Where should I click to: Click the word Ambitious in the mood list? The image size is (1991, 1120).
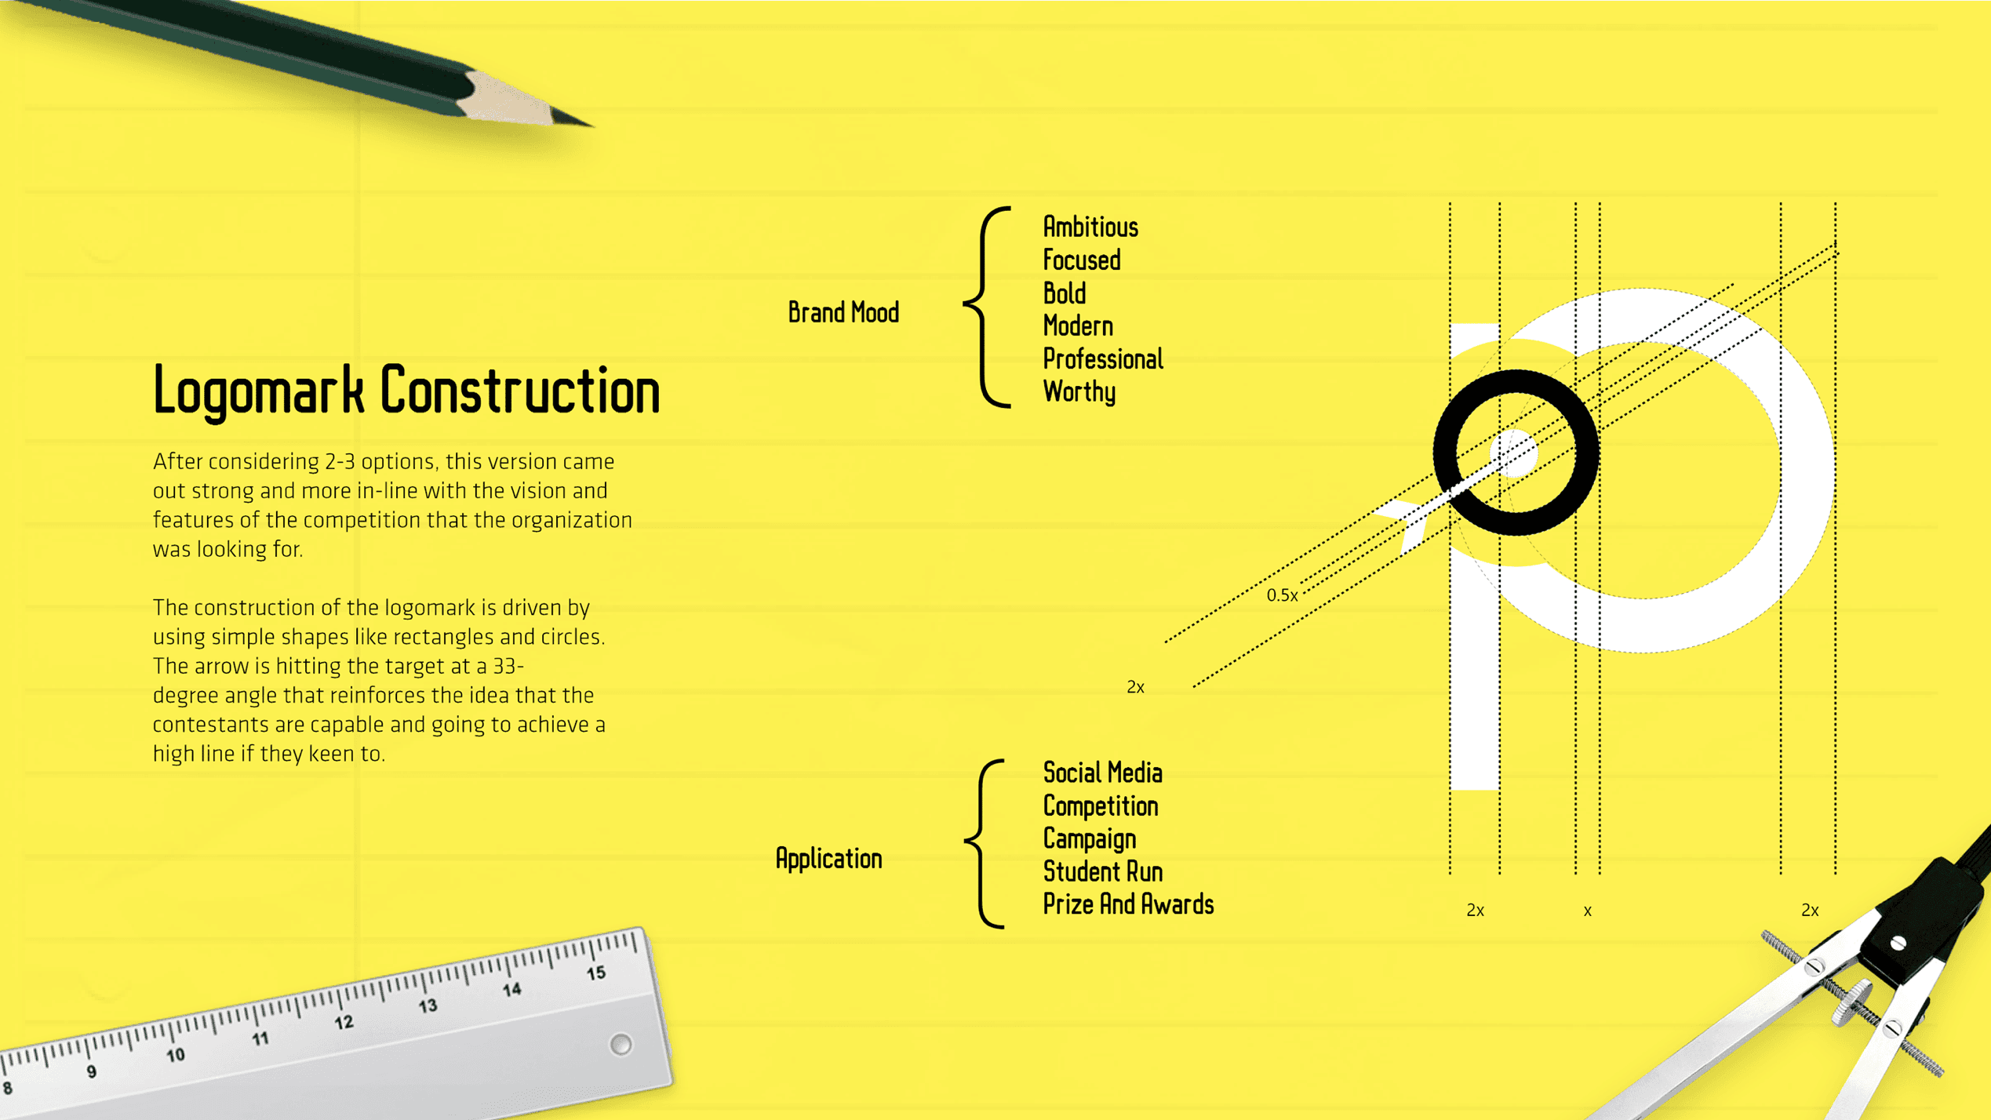[x=1090, y=227]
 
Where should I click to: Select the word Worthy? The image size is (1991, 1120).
[x=1079, y=391]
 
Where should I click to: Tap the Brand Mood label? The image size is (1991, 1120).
[x=843, y=313]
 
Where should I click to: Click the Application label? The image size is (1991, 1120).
[x=828, y=859]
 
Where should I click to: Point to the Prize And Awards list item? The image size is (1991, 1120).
[x=1127, y=904]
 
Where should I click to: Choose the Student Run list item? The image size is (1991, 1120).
[x=1102, y=871]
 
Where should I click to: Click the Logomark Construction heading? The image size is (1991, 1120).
[x=406, y=390]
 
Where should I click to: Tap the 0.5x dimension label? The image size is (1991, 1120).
[x=1281, y=595]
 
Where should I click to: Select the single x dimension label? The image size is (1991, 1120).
[x=1587, y=911]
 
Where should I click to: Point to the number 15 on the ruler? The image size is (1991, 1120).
[x=596, y=973]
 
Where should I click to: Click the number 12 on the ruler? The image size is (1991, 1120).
[x=344, y=1023]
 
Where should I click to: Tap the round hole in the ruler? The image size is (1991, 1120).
[x=621, y=1044]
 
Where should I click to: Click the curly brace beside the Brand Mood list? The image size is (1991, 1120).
[x=987, y=307]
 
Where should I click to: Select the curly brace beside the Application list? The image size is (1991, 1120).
[x=985, y=843]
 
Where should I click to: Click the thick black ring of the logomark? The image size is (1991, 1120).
[x=1443, y=453]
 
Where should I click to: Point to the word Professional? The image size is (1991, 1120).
[x=1102, y=359]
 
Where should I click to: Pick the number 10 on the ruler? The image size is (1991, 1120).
[x=176, y=1055]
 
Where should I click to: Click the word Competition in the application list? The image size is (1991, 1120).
[x=1100, y=806]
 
